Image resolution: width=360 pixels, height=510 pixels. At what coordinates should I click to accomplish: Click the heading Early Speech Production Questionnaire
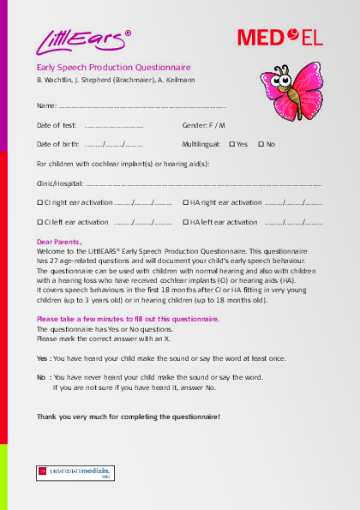(113, 67)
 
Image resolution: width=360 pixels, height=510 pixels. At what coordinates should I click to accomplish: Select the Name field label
(46, 105)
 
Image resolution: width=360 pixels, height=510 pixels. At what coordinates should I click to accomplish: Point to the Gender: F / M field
(204, 125)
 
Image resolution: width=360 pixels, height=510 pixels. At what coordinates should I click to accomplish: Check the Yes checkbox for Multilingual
(232, 144)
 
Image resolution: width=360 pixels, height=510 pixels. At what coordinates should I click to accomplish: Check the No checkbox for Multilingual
(261, 144)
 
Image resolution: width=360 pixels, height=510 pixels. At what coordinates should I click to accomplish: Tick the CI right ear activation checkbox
(39, 202)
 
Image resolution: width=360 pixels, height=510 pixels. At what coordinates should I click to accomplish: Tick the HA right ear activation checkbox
(185, 202)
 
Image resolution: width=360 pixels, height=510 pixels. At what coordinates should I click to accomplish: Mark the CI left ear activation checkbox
(39, 222)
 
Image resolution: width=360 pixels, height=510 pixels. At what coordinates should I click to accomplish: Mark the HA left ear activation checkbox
(185, 222)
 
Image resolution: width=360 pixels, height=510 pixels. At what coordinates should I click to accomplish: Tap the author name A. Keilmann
(200, 80)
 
